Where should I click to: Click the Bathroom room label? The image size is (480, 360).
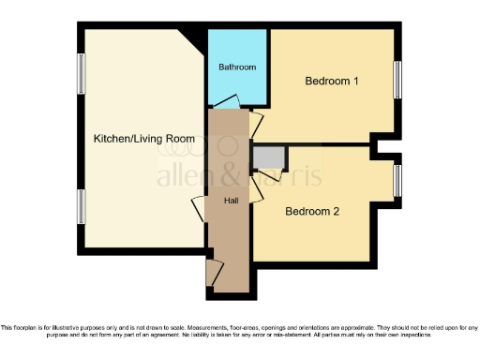[x=237, y=67]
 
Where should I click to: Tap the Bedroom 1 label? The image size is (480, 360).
[x=332, y=82]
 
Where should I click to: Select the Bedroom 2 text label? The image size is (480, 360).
[x=312, y=212]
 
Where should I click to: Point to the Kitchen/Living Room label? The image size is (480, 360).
[x=144, y=139]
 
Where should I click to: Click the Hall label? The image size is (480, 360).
[x=231, y=202]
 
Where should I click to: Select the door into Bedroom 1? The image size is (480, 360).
[x=256, y=123]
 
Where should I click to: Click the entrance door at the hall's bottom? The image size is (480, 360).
[x=214, y=272]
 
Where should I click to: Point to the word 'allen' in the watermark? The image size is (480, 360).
[x=184, y=176]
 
